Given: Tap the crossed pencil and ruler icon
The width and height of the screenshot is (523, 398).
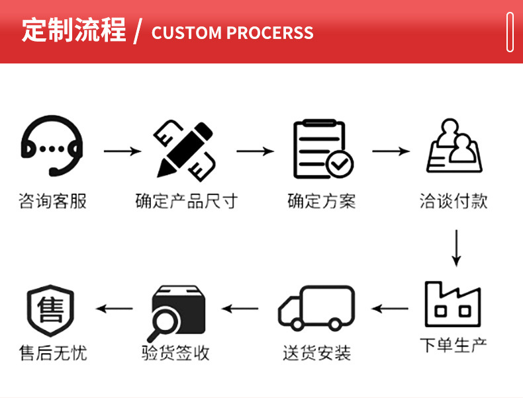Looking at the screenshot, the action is coord(184,151).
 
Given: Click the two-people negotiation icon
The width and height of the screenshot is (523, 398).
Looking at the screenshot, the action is coord(454,147).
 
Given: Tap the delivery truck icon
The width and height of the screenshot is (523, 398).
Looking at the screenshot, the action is coord(316,307).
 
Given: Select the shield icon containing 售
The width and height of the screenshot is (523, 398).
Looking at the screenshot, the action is coord(50,310).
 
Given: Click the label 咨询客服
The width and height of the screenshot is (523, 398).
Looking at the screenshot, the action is coord(53,201).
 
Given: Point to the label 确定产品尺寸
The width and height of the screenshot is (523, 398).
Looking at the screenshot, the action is coord(187,201).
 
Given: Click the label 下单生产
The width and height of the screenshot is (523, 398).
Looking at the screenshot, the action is coord(453,344).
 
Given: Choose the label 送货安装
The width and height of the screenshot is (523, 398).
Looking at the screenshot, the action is coord(317,352).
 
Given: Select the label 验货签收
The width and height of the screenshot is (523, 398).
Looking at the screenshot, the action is coord(176,352).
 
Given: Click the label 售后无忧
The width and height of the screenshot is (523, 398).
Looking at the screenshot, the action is coord(53,352).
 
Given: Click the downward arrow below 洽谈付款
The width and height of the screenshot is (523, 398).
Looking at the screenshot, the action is coord(456,248).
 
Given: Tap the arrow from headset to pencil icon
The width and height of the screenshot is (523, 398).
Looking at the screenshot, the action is coord(122,151).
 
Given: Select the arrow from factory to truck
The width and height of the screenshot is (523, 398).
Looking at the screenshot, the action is coord(389,308).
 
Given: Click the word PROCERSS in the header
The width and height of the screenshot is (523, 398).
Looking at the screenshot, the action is coord(270,32).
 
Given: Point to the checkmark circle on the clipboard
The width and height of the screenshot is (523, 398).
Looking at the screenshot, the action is coord(340,164).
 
